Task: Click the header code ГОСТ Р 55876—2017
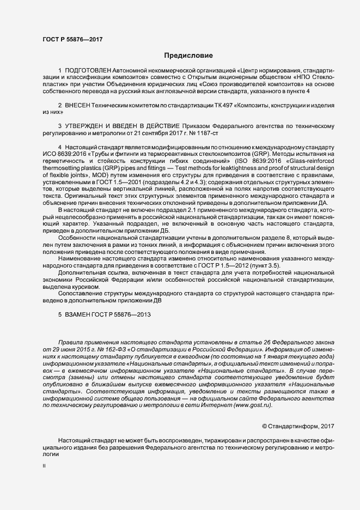(x=72, y=39)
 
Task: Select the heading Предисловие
(x=188, y=55)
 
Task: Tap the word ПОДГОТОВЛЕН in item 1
(x=88, y=71)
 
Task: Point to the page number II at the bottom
(x=44, y=466)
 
